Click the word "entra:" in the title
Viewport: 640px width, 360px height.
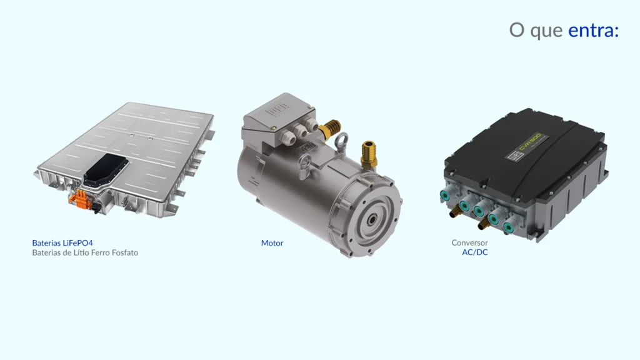tap(594, 30)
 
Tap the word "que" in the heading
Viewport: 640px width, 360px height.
tap(546, 32)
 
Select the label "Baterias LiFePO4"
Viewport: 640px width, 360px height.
tap(62, 243)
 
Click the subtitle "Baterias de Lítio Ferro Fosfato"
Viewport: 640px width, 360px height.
tap(85, 252)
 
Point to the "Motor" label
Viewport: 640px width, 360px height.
tap(272, 243)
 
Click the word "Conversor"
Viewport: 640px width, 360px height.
tap(469, 242)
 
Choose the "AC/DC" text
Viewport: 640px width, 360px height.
tap(475, 252)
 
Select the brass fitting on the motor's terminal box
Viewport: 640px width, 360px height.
tap(330, 128)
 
